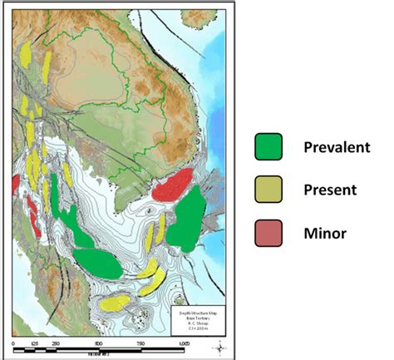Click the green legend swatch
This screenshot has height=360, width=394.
268,147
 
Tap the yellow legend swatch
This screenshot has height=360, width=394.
268,189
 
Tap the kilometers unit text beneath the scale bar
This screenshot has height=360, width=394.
99,352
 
